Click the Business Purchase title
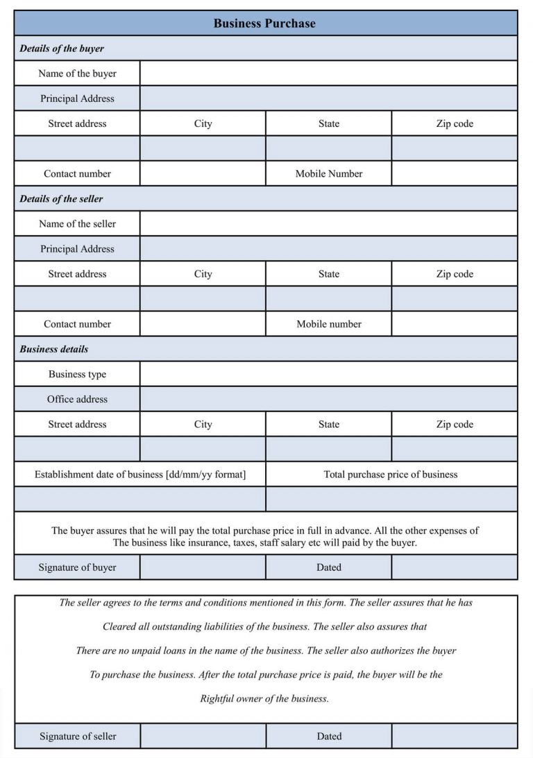click(264, 23)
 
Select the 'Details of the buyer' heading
click(62, 49)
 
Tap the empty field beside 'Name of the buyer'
click(328, 74)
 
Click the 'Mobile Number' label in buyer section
click(329, 173)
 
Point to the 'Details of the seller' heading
click(61, 198)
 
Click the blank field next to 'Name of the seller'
click(328, 223)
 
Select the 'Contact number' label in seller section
click(77, 324)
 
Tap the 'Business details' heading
click(54, 349)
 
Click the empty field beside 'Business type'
click(328, 374)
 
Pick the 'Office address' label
click(77, 399)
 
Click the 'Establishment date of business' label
click(140, 474)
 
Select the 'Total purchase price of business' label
click(391, 474)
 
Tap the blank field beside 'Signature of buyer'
click(203, 567)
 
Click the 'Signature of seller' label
click(78, 736)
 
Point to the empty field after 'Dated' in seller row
click(454, 736)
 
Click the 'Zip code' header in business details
click(455, 424)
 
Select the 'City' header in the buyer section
click(203, 123)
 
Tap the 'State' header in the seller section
click(329, 274)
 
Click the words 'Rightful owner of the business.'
click(264, 698)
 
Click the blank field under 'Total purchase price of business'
click(391, 499)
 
